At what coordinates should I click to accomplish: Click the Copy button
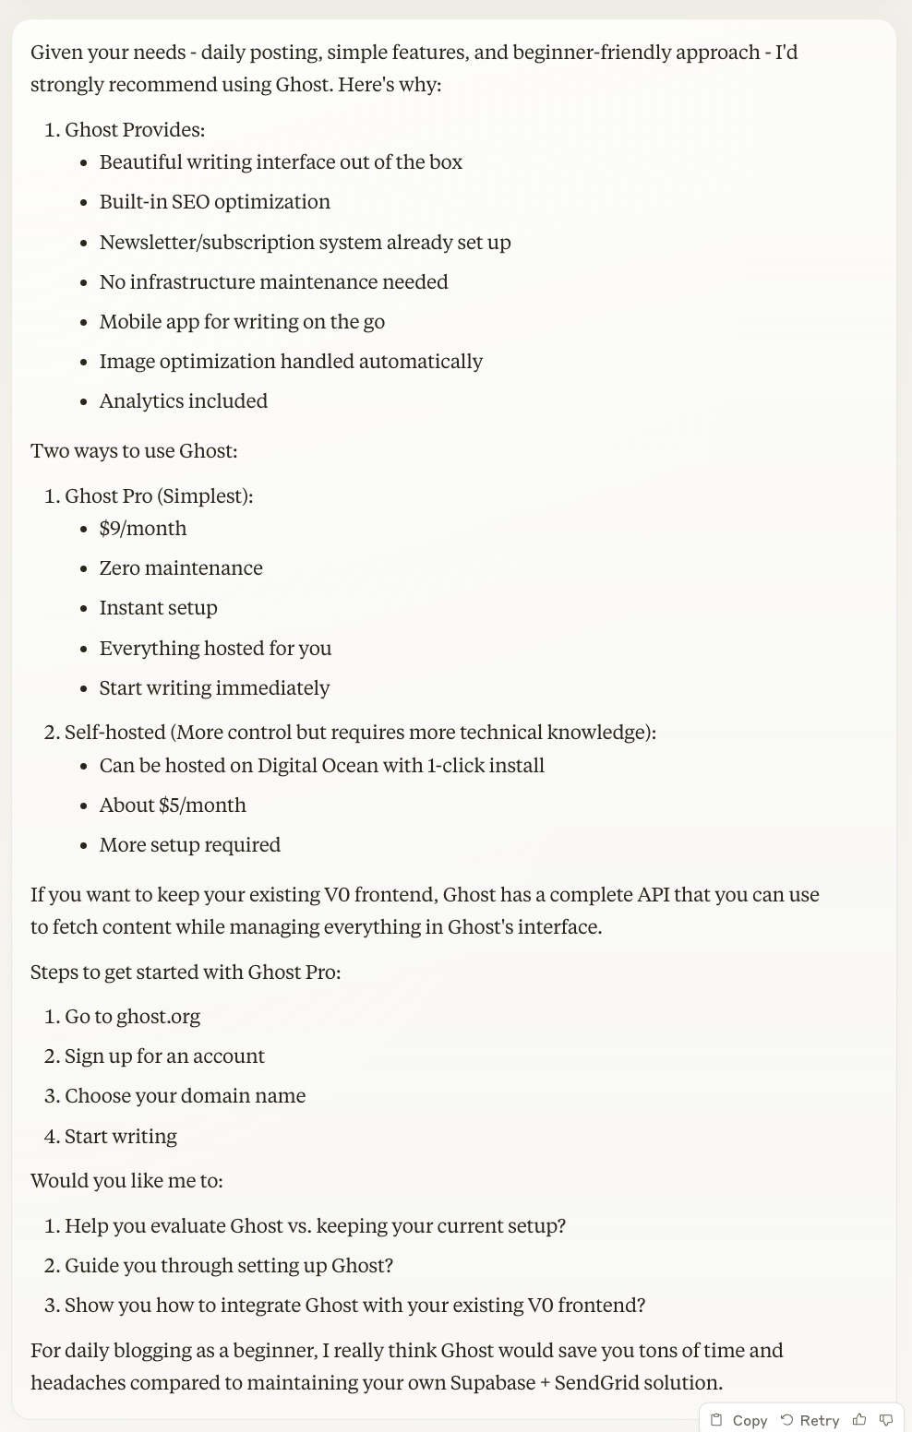click(x=739, y=1420)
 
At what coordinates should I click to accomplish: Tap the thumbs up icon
click(x=859, y=1420)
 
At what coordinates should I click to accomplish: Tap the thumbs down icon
click(x=886, y=1420)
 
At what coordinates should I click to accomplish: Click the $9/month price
click(x=143, y=529)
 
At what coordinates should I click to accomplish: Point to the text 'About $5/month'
click(x=173, y=805)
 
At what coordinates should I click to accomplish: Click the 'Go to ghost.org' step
click(x=132, y=1017)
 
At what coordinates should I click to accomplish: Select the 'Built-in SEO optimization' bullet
click(x=214, y=202)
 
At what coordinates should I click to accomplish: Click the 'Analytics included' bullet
click(x=183, y=401)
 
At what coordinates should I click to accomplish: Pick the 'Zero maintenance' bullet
click(x=181, y=568)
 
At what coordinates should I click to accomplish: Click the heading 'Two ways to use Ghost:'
click(x=134, y=451)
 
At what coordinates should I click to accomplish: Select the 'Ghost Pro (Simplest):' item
click(x=159, y=496)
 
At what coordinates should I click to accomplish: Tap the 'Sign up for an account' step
click(x=164, y=1056)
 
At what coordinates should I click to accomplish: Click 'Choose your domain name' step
click(x=185, y=1096)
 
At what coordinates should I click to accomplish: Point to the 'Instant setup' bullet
click(x=158, y=608)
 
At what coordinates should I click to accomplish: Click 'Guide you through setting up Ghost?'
click(x=229, y=1266)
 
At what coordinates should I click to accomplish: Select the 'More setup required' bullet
click(x=189, y=845)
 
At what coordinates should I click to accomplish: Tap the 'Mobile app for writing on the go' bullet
click(x=242, y=322)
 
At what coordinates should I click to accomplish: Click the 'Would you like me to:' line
click(x=126, y=1181)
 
